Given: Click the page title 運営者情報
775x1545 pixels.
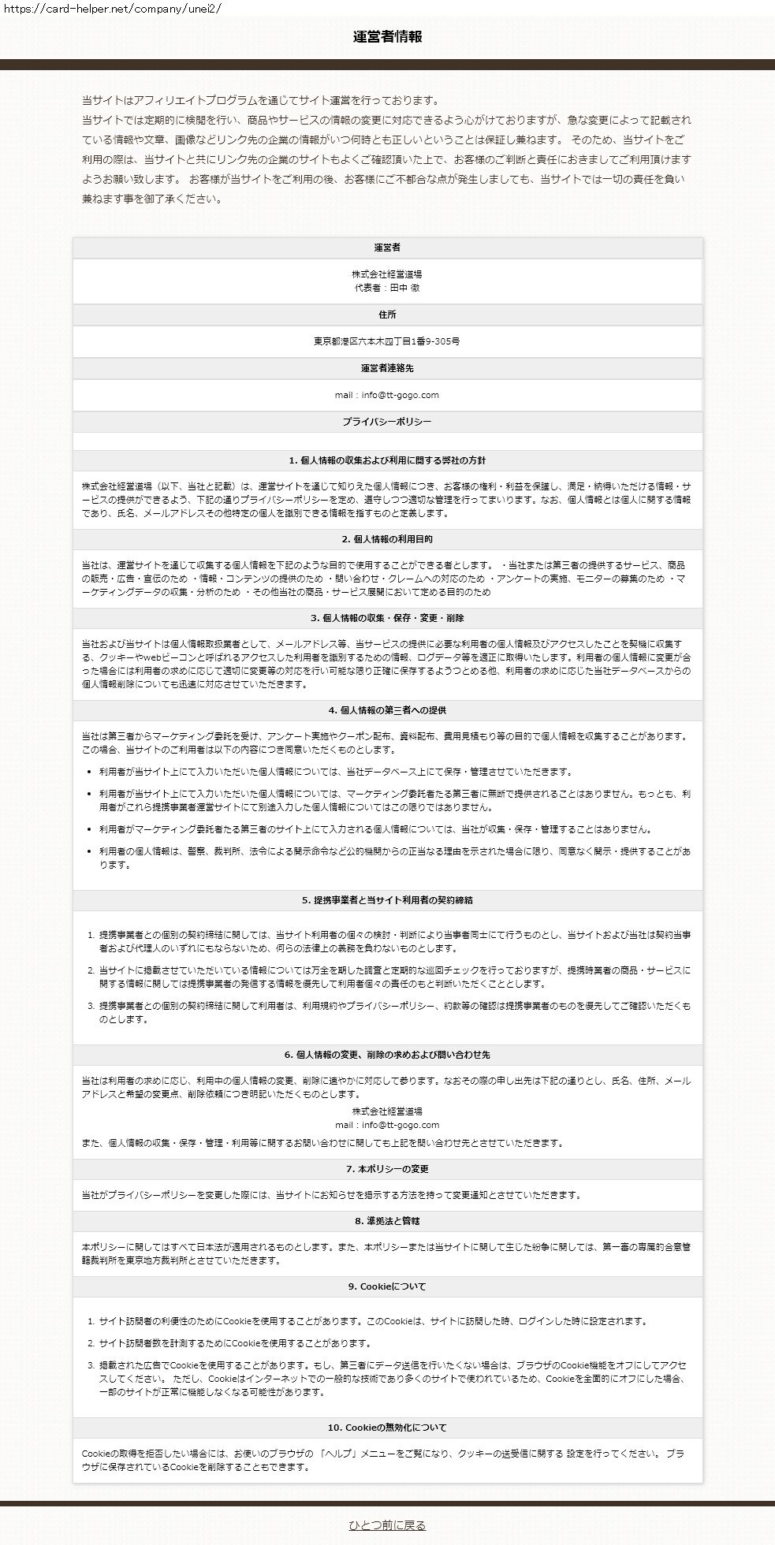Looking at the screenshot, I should tap(387, 36).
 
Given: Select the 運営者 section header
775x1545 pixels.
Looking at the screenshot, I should tap(387, 248).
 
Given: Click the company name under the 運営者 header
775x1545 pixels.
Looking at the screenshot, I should tap(387, 274).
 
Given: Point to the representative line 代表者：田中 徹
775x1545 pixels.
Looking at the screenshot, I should tap(387, 288).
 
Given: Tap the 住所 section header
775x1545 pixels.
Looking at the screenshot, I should tap(387, 315).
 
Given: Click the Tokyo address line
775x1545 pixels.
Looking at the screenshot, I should tap(387, 341).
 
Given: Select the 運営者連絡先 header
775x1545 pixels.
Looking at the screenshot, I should tap(387, 368).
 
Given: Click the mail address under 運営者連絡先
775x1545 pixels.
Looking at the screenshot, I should tap(387, 395).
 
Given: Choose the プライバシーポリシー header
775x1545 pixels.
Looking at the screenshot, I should tap(387, 422).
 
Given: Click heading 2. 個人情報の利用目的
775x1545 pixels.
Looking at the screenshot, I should tap(387, 539).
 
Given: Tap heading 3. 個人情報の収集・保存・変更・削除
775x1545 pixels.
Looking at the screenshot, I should tap(387, 618).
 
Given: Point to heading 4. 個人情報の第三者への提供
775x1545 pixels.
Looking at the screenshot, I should tap(387, 710).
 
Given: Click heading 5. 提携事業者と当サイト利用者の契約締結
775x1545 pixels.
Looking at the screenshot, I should tap(387, 899).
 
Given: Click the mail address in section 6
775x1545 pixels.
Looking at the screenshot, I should tap(387, 1125).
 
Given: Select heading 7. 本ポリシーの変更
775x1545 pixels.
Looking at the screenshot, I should tap(387, 1169).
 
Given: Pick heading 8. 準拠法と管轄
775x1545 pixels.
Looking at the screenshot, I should tap(387, 1221).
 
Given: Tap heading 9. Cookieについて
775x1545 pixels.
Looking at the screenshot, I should tap(387, 1286).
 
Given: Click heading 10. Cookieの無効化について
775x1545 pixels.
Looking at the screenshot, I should tap(387, 1428).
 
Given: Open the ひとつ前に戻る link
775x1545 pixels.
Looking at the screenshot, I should tap(387, 1525).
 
